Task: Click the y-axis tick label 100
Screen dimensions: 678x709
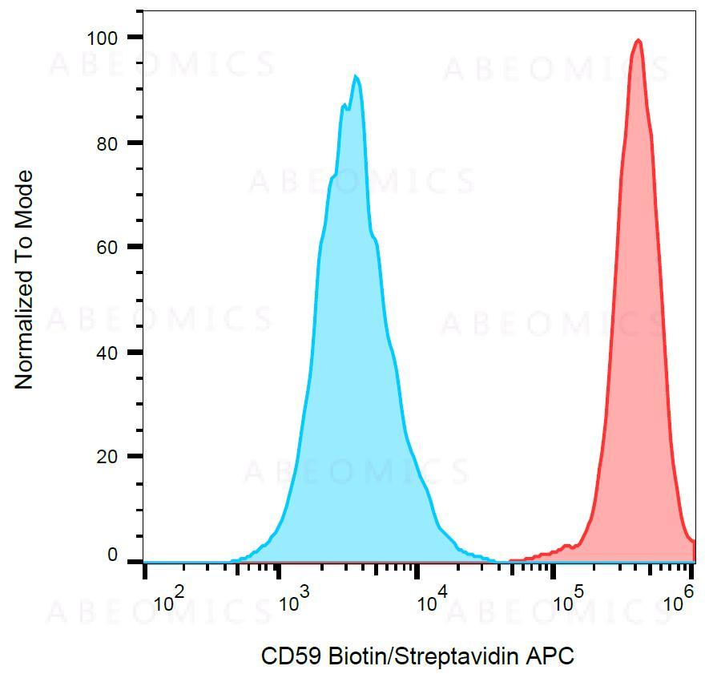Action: (103, 38)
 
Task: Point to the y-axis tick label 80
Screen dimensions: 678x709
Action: (107, 143)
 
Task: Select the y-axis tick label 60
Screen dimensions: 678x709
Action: (107, 247)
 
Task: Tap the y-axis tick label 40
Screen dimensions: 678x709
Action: (107, 353)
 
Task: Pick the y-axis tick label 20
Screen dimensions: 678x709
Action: (107, 457)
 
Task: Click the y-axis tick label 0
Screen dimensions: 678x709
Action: (112, 555)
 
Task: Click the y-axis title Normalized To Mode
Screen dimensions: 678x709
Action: (25, 280)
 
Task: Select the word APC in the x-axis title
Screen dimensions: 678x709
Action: (550, 656)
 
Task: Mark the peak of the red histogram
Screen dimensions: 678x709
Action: (639, 40)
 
